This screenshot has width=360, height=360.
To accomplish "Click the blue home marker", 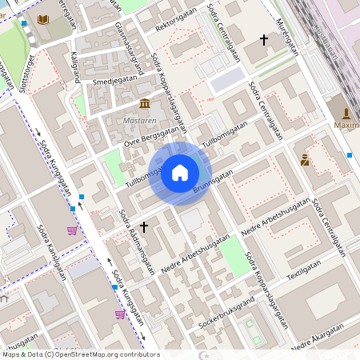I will pos(180,173).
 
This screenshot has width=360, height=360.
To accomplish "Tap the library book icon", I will pos(43,18).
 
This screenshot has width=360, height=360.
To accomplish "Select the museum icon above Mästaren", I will pos(145,104).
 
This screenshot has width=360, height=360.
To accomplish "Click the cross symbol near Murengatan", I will pos(264,38).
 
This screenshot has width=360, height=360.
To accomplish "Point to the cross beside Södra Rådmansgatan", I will pos(144,226).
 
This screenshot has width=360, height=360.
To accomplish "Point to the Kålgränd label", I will pos(76,67).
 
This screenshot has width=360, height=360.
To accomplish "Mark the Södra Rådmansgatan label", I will pos(136,241).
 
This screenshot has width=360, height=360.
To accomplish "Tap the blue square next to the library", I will pos(25,23).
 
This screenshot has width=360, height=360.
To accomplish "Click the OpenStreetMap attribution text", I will pos(80,354).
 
